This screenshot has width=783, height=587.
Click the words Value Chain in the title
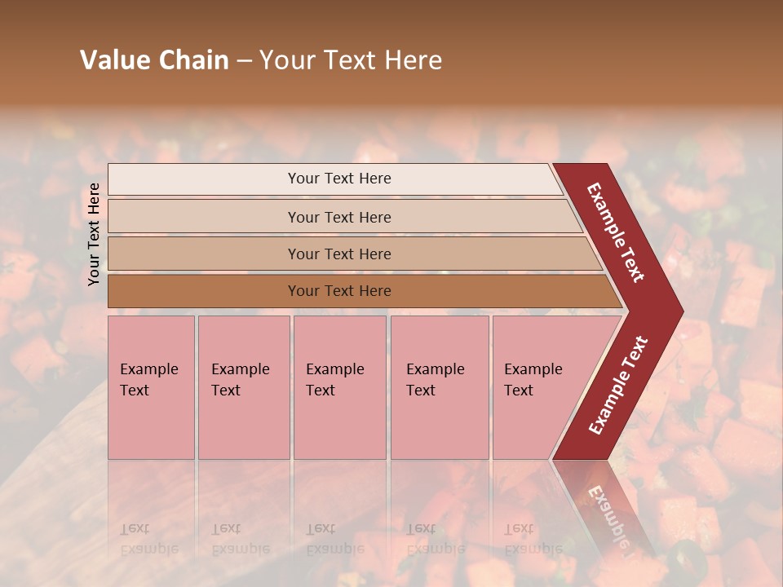(154, 60)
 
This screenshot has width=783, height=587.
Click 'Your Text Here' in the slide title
(351, 60)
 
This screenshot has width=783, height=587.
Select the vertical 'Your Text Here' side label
(94, 234)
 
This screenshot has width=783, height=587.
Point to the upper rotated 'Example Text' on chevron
(616, 232)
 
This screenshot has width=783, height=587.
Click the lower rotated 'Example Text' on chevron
(618, 385)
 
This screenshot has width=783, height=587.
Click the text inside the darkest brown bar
(339, 291)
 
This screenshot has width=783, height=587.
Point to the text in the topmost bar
(339, 179)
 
